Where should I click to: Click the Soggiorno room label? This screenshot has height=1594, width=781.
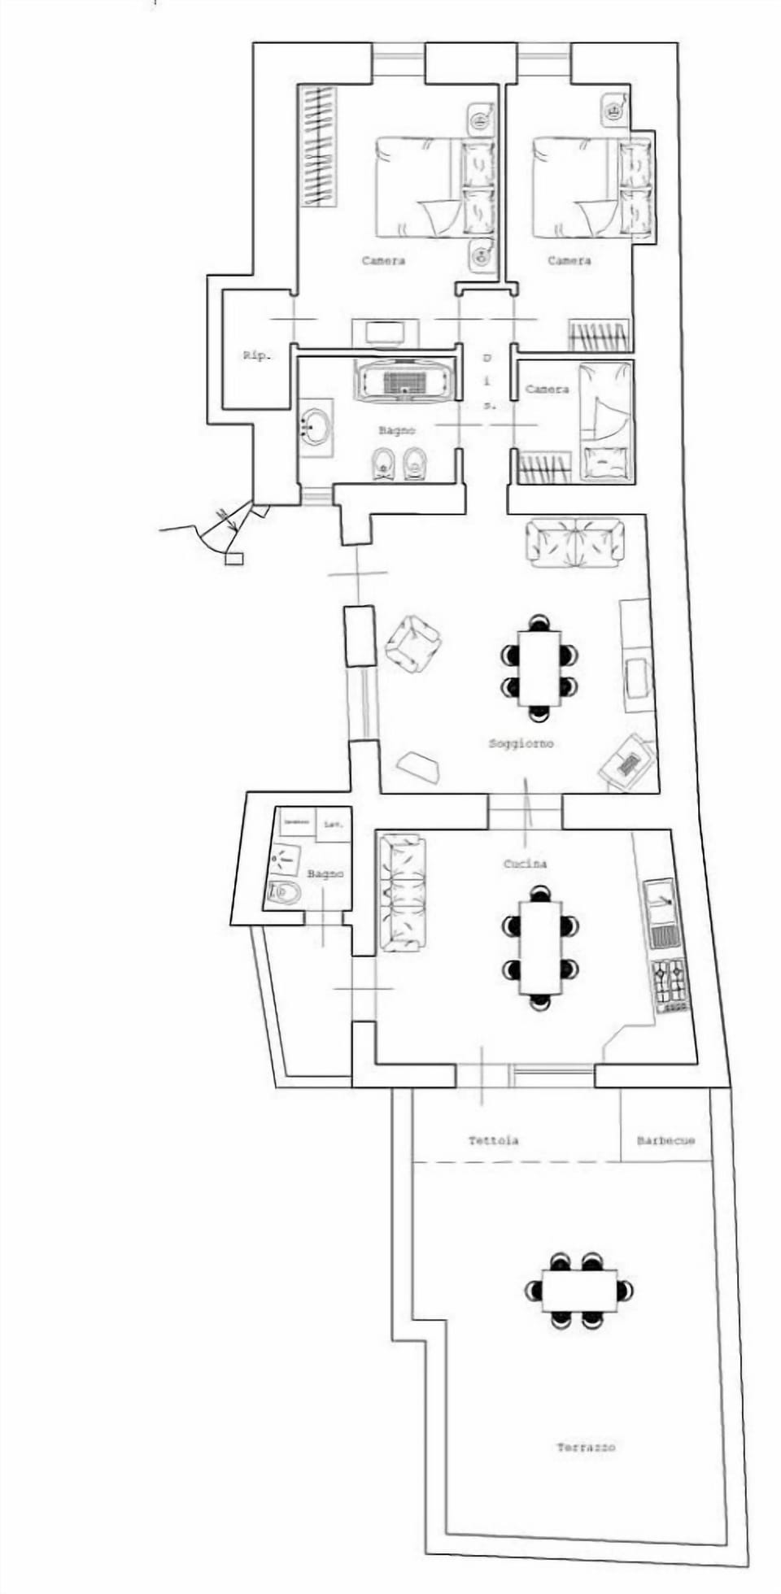tap(521, 743)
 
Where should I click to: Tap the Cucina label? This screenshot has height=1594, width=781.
tap(525, 864)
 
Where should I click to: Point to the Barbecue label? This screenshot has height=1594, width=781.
tap(665, 1140)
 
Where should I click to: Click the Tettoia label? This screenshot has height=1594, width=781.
tap(493, 1140)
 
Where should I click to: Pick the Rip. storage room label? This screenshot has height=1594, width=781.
tap(256, 355)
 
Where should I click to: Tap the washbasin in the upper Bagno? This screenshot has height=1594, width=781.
tap(315, 426)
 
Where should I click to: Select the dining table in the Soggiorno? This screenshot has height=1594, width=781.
tap(539, 668)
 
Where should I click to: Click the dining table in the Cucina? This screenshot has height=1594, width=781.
tap(540, 947)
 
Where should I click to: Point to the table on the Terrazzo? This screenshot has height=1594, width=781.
tap(579, 1290)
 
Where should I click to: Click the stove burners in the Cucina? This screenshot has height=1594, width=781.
tap(670, 984)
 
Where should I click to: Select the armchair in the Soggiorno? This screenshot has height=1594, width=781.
tap(412, 643)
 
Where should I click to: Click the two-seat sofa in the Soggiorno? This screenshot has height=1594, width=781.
tap(575, 542)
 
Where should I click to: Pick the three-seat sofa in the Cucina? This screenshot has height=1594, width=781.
tap(402, 892)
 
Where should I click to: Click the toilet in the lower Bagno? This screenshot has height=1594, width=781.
tap(283, 893)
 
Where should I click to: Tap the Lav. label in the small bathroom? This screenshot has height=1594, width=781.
tap(333, 825)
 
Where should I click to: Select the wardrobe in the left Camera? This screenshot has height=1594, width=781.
tap(318, 146)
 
